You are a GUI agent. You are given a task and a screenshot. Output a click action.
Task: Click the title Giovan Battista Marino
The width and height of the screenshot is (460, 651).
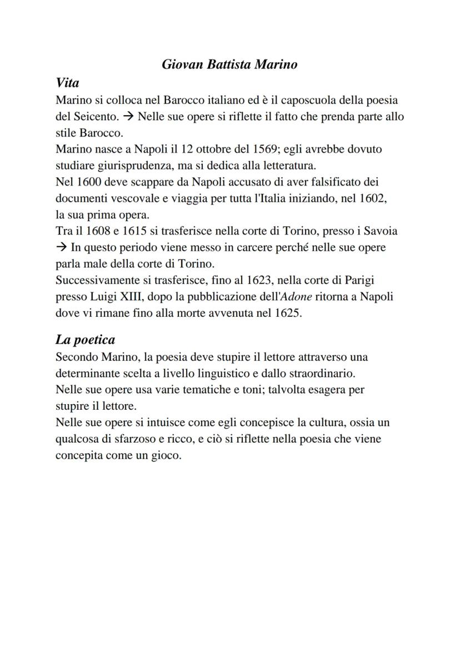point(229,64)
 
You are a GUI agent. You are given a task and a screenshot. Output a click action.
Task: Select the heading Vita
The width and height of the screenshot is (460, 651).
point(67,83)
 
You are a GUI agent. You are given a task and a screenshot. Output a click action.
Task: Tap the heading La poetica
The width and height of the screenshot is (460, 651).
point(85,339)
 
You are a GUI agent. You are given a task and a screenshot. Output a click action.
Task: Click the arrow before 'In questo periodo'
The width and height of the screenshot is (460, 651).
point(61,247)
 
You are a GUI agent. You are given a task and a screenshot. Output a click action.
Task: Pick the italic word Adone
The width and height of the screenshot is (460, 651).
point(296,296)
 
